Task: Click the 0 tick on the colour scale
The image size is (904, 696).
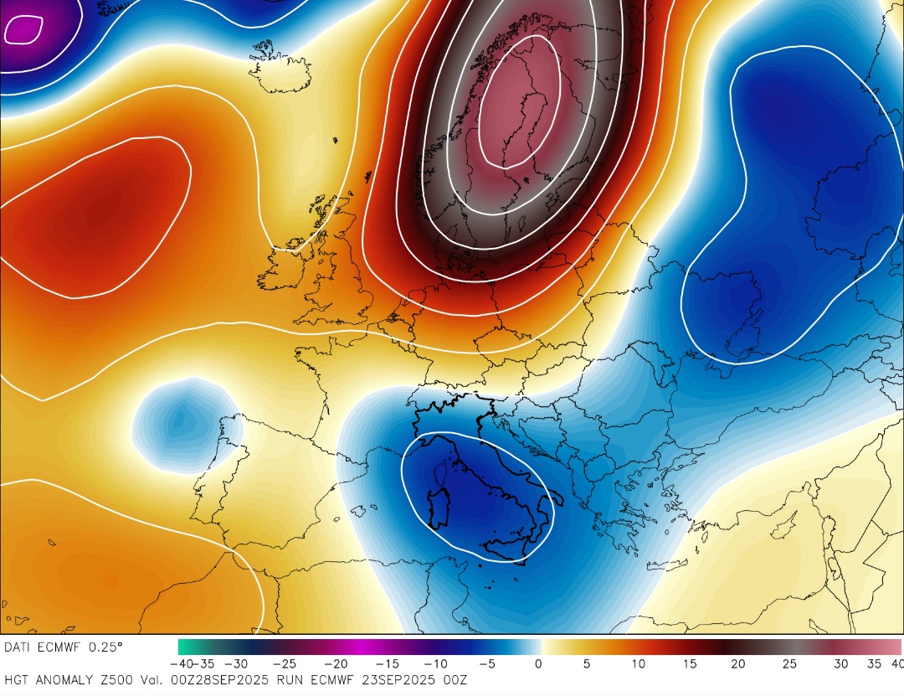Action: tap(537, 664)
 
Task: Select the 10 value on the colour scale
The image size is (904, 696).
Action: tap(639, 664)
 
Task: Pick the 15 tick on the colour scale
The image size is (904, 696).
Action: tap(688, 664)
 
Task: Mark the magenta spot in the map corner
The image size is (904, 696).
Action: tap(21, 30)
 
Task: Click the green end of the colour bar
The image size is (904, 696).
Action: tap(186, 647)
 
